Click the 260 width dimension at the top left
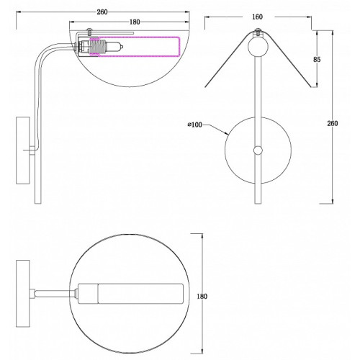coord(102,12)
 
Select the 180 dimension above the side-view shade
coord(135,22)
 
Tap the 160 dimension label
coord(257,17)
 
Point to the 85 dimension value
coord(317,59)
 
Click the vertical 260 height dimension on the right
coord(333,123)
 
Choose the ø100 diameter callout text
coord(195,125)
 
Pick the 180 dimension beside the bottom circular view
coord(202,297)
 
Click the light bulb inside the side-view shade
coord(114,47)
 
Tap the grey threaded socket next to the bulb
coord(98,47)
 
